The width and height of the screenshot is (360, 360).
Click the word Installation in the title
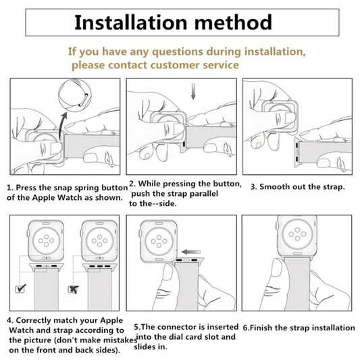pyautogui.click(x=131, y=22)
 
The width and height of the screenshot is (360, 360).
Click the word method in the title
pyautogui.click(x=233, y=22)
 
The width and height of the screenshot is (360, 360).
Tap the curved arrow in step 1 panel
pyautogui.click(x=62, y=125)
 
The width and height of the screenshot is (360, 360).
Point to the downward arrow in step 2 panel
pyautogui.click(x=193, y=92)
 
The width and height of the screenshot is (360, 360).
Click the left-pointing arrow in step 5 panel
pyautogui.click(x=191, y=252)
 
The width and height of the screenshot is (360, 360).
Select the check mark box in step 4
pyautogui.click(x=20, y=288)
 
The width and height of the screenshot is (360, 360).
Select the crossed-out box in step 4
pyautogui.click(x=74, y=289)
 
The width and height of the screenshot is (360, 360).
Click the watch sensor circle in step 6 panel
pyautogui.click(x=298, y=234)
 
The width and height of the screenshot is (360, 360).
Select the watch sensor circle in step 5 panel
pyautogui.click(x=159, y=241)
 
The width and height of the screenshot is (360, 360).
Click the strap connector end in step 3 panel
pyautogui.click(x=297, y=152)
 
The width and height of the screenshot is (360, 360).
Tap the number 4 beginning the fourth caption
pyautogui.click(x=9, y=320)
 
